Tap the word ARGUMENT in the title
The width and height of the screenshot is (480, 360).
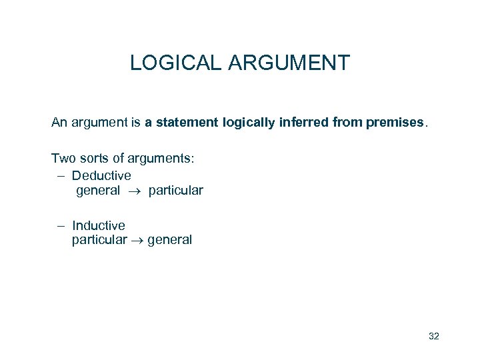289,63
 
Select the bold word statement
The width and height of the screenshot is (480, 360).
187,122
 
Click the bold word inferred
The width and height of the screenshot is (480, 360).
303,122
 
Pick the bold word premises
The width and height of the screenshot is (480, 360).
394,122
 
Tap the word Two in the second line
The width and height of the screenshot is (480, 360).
63,158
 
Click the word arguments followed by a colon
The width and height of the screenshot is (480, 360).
161,158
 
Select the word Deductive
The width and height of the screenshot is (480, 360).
101,175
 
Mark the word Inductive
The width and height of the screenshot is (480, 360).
99,225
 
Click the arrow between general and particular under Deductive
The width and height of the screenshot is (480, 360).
134,191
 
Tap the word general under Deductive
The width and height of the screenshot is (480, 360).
98,191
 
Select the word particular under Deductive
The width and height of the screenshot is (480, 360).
176,191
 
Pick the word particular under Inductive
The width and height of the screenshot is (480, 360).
99,240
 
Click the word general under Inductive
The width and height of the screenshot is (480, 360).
169,240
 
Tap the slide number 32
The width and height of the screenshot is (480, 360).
434,336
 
